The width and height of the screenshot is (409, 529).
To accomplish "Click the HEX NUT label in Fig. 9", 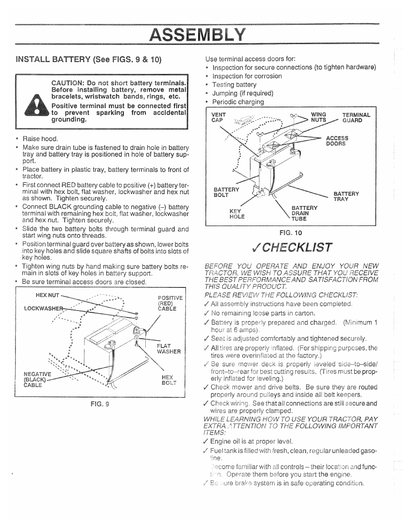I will pos(47,295).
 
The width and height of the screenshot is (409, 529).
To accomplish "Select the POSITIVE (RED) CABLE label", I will pos(170,303).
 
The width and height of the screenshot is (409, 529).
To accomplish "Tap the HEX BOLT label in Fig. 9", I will pos(168,380).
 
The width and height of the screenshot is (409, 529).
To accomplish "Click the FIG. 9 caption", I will pos(101,403).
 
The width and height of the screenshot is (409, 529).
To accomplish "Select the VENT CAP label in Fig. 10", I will pos(218,117).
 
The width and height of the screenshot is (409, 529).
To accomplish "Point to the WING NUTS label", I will pos(319,117).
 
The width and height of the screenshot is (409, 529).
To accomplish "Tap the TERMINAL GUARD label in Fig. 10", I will pos(356,117).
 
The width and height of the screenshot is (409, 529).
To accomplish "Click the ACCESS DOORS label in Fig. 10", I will pos(337,141).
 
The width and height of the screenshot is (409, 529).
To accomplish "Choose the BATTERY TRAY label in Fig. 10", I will pos(346,196).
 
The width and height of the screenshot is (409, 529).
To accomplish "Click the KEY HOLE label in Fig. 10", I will pos(237,214).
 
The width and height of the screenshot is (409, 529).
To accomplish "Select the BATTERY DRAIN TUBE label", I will pos(304,213).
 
